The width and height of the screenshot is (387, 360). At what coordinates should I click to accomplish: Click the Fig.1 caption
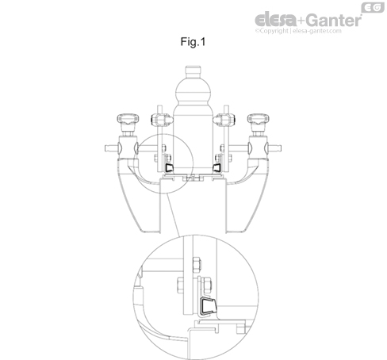pyautogui.click(x=193, y=42)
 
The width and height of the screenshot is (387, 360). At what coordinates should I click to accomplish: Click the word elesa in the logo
pyautogui.click(x=276, y=20)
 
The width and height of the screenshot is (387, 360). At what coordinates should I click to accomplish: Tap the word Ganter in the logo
pyautogui.click(x=334, y=20)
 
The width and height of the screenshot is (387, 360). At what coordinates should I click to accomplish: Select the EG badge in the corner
pyautogui.click(x=373, y=7)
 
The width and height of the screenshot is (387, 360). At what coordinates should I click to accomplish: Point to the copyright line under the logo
pyautogui.click(x=298, y=31)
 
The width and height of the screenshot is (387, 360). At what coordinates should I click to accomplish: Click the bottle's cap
pyautogui.click(x=193, y=71)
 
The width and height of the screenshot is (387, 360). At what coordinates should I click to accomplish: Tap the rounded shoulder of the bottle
pyautogui.click(x=193, y=90)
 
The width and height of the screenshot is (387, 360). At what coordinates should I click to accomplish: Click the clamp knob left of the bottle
pyautogui.click(x=161, y=120)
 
